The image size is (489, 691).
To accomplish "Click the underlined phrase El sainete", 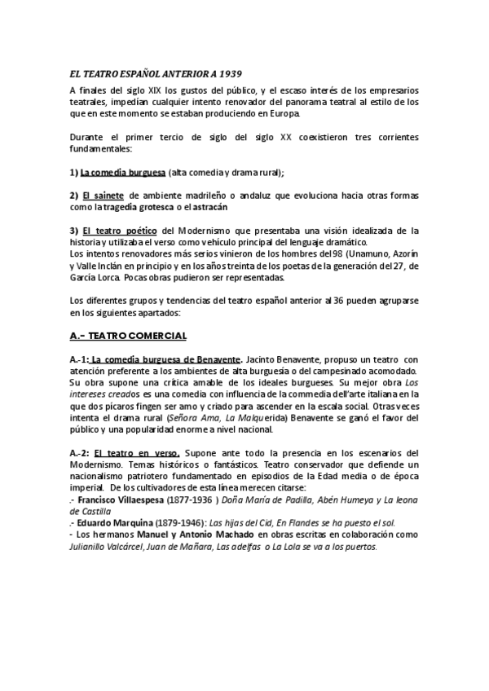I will point(101,196).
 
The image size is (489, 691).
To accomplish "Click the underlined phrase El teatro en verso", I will point(133,452).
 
